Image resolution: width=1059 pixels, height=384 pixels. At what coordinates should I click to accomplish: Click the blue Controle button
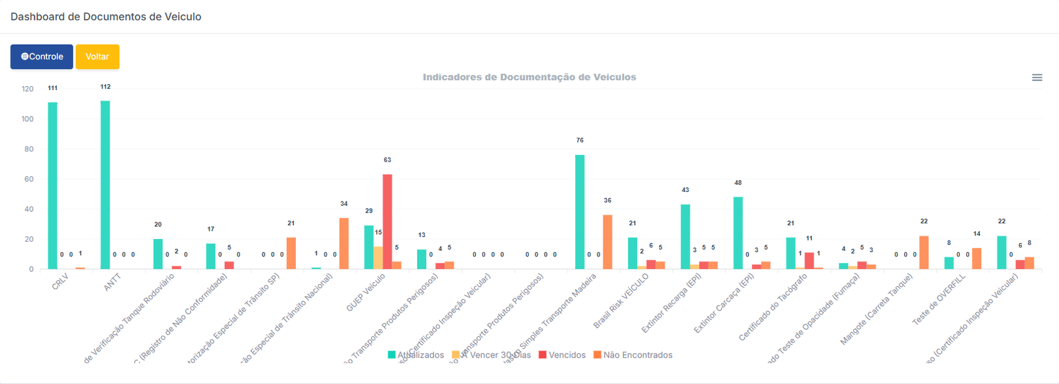(x=42, y=57)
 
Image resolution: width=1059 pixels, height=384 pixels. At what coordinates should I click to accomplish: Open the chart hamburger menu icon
(x=1036, y=77)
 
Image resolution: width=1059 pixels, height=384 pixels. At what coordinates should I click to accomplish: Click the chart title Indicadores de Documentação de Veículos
(x=529, y=77)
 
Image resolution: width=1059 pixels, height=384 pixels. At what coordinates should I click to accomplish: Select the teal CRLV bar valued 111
(x=52, y=185)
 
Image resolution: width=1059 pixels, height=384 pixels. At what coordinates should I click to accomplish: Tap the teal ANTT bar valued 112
(x=105, y=185)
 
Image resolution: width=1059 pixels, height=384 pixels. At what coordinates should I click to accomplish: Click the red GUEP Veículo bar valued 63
(x=387, y=222)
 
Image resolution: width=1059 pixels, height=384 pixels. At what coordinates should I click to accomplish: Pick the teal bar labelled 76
(x=580, y=212)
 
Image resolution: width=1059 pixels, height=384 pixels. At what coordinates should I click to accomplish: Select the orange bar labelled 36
(x=607, y=242)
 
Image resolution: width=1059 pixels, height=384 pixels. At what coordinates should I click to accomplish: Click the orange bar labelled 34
(x=344, y=244)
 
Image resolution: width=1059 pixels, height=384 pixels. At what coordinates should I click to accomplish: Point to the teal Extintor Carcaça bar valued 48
(x=738, y=233)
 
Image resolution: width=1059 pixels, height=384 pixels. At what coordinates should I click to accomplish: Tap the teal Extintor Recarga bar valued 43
(x=685, y=237)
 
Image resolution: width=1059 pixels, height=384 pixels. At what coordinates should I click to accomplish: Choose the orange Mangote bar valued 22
(x=923, y=253)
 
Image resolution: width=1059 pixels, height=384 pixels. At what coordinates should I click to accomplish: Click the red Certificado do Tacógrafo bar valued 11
(x=809, y=261)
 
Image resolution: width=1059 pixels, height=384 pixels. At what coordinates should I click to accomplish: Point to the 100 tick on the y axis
(x=27, y=119)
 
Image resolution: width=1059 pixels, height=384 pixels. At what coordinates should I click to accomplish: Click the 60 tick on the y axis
(x=28, y=179)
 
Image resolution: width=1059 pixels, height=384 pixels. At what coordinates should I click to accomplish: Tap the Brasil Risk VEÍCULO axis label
(x=620, y=301)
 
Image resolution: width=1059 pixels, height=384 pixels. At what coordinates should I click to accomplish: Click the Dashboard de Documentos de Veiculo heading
(x=106, y=17)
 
